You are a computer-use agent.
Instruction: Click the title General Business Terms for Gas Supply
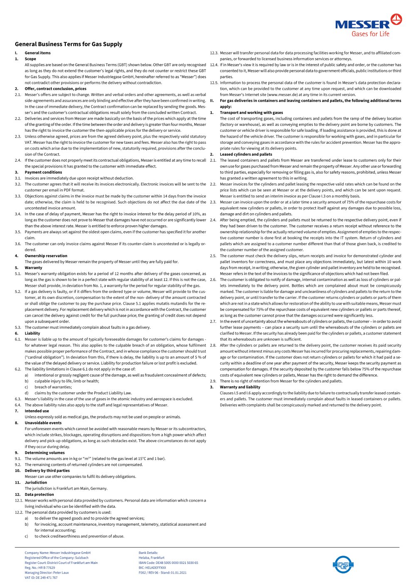(x=69, y=44)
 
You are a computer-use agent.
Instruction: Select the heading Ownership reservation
(x=46, y=256)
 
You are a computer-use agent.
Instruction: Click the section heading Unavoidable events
(x=43, y=423)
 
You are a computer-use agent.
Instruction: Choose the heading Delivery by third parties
(x=47, y=471)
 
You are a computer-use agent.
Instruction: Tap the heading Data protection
(x=39, y=495)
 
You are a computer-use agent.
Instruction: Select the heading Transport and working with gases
(x=251, y=113)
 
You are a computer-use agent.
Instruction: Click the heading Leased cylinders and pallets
(x=246, y=154)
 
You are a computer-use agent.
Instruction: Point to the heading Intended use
(x=37, y=411)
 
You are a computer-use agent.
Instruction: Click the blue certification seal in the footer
(x=343, y=564)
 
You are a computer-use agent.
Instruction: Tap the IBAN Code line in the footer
(x=168, y=563)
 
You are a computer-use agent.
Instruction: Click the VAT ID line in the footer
(x=41, y=578)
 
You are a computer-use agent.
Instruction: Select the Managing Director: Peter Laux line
(x=47, y=573)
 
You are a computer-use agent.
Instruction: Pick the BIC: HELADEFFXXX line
(x=152, y=568)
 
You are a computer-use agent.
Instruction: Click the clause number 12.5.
(x=214, y=83)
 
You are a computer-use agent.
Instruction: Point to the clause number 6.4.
(x=18, y=405)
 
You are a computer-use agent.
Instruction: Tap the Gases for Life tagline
(x=370, y=34)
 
